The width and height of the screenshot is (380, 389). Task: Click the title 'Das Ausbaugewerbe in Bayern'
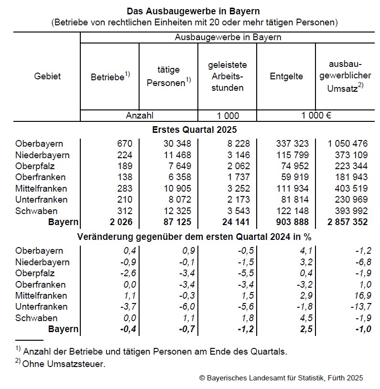(193, 11)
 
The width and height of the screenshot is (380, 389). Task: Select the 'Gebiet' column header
(47, 76)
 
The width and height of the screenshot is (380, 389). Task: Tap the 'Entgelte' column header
(286, 76)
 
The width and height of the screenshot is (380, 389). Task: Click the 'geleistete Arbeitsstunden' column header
(227, 76)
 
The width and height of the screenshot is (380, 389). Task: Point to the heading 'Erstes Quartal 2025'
(194, 130)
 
